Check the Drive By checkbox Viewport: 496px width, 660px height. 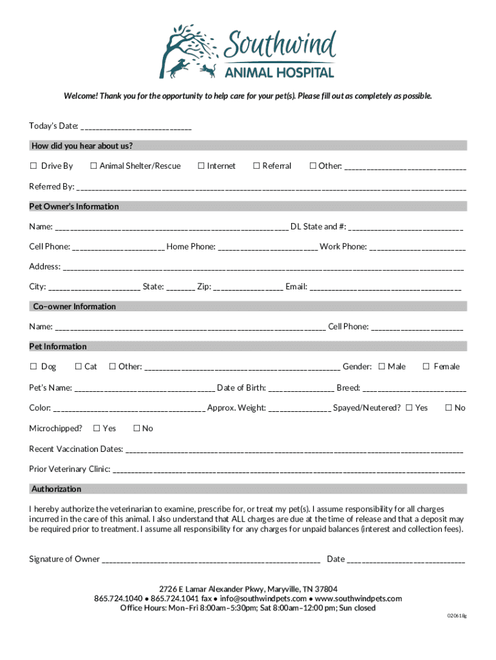pos(33,166)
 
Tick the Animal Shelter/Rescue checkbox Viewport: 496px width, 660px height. pos(93,166)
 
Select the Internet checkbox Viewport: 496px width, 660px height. pos(201,166)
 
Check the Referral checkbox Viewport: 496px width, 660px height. pos(256,166)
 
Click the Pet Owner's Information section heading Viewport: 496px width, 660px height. pos(74,207)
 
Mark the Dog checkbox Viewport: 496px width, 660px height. pos(33,367)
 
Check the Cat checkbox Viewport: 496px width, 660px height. pos(79,367)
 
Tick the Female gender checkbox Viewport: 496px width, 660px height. pos(426,367)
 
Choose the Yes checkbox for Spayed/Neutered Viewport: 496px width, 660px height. pos(408,408)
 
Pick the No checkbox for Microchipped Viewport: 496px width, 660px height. pos(136,429)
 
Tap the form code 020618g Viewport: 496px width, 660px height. pos(457,616)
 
